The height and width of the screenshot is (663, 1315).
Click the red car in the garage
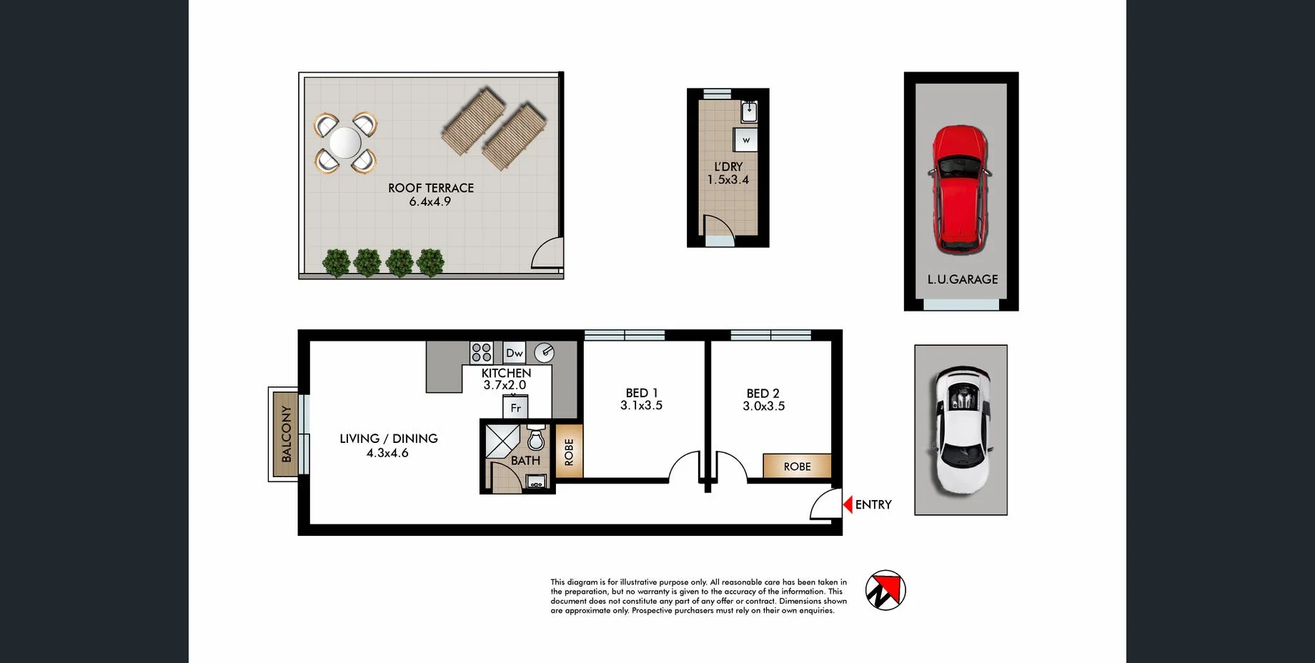coord(960,189)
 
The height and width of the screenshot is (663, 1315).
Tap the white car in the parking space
coord(961,430)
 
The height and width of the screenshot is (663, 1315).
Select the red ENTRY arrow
coord(848,504)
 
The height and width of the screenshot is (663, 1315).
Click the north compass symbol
coord(885,590)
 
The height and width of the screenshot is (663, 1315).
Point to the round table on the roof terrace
coord(345,143)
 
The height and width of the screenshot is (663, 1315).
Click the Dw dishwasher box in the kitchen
coord(515,353)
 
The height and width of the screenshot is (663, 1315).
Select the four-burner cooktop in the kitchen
coord(482,352)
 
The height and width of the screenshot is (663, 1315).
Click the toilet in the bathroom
coord(536,437)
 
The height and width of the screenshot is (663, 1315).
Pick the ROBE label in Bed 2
coord(797,467)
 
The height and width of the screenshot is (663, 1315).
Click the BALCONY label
coord(287,434)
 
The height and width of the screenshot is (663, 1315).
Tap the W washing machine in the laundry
coord(746,140)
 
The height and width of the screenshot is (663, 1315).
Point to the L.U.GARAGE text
coord(962,279)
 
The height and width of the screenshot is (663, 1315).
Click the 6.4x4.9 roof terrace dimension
coord(430,202)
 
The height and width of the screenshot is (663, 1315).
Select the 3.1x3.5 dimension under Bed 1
coord(641,406)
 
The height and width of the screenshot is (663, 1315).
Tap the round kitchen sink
coord(545,352)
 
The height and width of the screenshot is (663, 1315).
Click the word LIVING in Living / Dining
coord(359,439)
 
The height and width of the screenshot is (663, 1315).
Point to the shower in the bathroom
coord(503,440)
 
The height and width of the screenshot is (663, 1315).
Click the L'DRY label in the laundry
coord(728,166)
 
